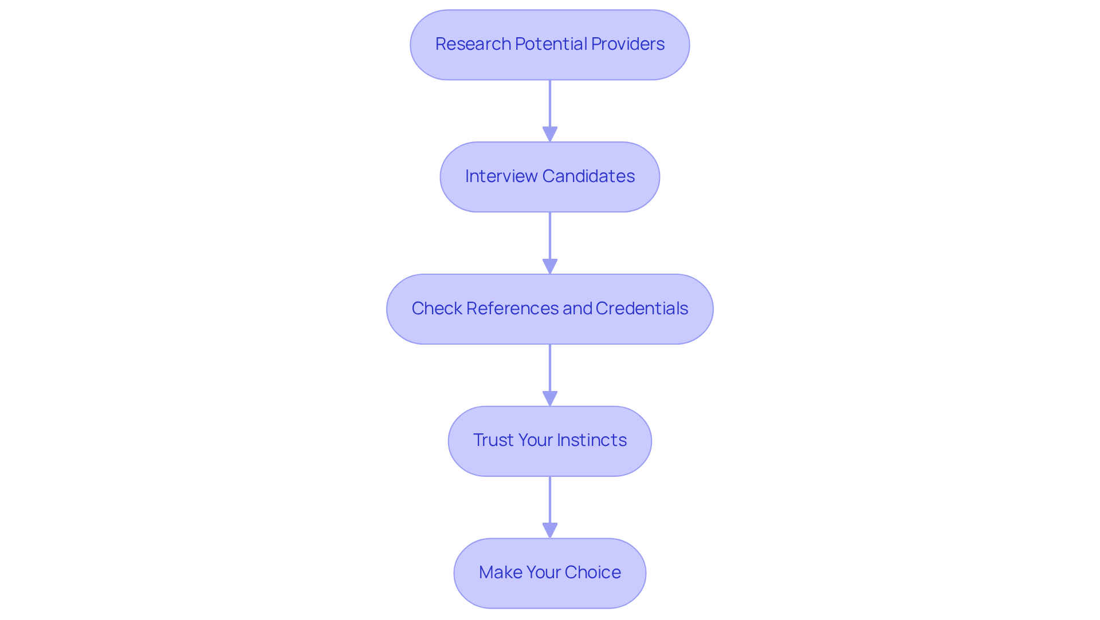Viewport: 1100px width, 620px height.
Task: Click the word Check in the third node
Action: (x=437, y=309)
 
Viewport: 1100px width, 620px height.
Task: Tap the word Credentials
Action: (x=642, y=309)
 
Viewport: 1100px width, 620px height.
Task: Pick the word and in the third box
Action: (x=577, y=309)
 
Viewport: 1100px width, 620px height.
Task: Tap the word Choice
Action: (x=592, y=572)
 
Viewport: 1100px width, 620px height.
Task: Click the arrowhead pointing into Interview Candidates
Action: (x=550, y=134)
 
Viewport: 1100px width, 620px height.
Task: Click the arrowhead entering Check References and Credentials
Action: (x=550, y=266)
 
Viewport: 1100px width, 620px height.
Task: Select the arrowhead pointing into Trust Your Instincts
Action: (x=550, y=398)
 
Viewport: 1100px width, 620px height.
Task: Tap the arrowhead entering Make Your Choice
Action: (x=550, y=530)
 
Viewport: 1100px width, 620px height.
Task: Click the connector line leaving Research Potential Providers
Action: (x=550, y=103)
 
